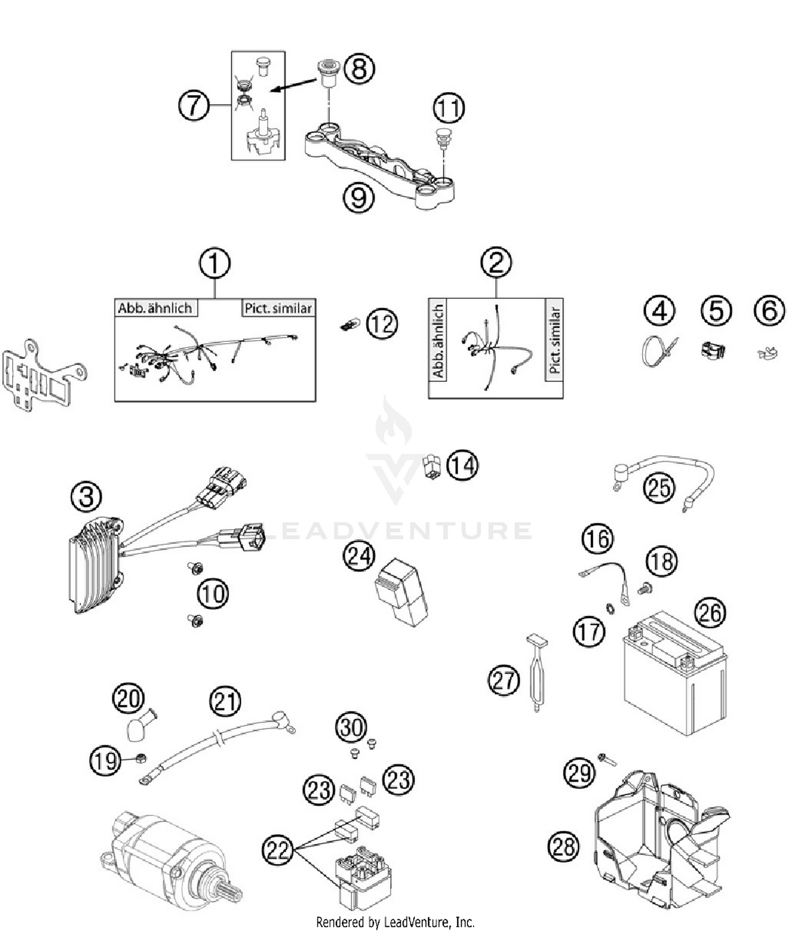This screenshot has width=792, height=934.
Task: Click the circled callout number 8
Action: coord(359,68)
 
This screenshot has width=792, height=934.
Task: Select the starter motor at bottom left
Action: coord(169,861)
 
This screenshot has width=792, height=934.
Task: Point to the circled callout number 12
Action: coord(381,324)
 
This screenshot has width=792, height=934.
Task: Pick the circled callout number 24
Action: coord(359,556)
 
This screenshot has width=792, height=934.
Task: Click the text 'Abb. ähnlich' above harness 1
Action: coord(155,308)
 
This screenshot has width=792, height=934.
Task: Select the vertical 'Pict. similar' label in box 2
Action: coord(554,341)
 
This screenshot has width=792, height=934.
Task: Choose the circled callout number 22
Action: coord(278,850)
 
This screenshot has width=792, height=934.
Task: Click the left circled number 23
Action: coord(319,790)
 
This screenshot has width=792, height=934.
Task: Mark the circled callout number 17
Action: coord(589,631)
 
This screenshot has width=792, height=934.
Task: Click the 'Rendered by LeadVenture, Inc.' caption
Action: coord(395,922)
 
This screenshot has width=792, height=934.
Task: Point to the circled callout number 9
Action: coord(359,197)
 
